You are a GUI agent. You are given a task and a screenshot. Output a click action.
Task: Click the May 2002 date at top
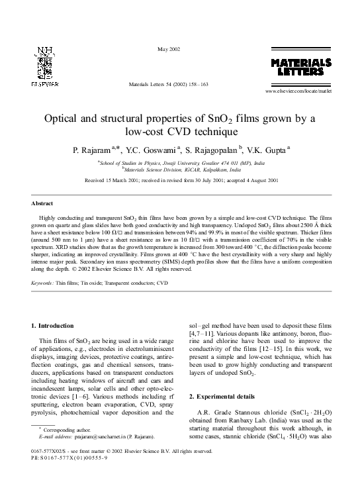pyautogui.click(x=169, y=50)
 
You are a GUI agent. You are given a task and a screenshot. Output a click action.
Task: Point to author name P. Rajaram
pyautogui.click(x=91, y=150)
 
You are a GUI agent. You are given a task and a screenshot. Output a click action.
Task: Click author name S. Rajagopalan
pyautogui.click(x=210, y=150)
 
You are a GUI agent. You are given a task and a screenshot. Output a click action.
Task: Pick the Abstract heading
pyautogui.click(x=43, y=203)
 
